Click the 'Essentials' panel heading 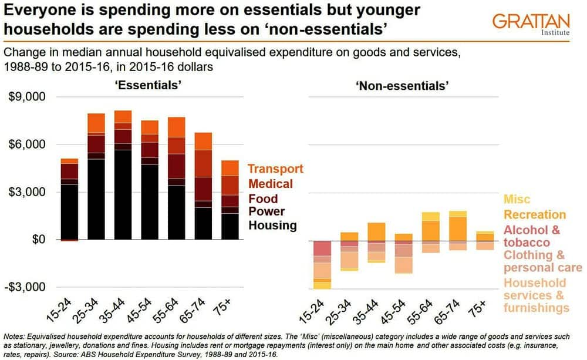147,85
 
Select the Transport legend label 276,169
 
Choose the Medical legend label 270,184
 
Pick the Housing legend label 273,225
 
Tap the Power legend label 267,211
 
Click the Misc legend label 516,200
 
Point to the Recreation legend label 535,214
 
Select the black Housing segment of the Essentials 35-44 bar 123,194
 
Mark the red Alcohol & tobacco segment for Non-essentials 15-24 322,248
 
